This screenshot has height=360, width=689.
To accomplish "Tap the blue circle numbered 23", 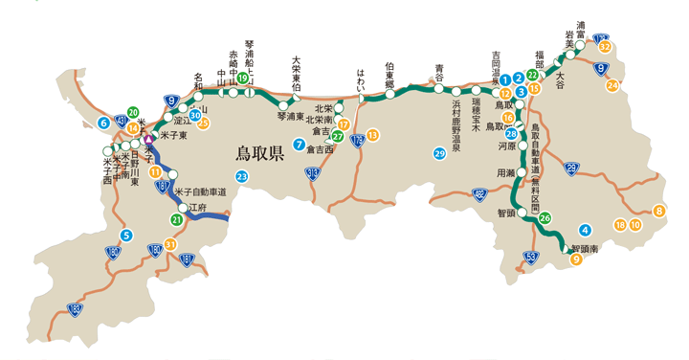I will (x=242, y=177).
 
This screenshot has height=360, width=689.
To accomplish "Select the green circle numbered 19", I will (x=242, y=78).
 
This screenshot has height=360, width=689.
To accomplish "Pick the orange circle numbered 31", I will (x=170, y=244).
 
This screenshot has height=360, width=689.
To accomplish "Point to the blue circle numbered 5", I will (x=125, y=236).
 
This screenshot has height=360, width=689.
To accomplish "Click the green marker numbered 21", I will (x=176, y=219).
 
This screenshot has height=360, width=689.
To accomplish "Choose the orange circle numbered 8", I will (x=658, y=211).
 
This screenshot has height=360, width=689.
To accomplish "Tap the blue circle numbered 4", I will (x=585, y=228).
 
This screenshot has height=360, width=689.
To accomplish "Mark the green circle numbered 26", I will (x=545, y=219).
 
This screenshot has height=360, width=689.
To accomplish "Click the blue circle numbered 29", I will (x=439, y=153).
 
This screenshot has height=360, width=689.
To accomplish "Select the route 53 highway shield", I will (x=531, y=256).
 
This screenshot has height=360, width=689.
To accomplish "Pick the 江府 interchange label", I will (x=198, y=207).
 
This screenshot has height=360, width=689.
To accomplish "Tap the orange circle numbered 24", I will (x=612, y=85).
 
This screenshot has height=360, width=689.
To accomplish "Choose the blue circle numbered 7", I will (x=300, y=146).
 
